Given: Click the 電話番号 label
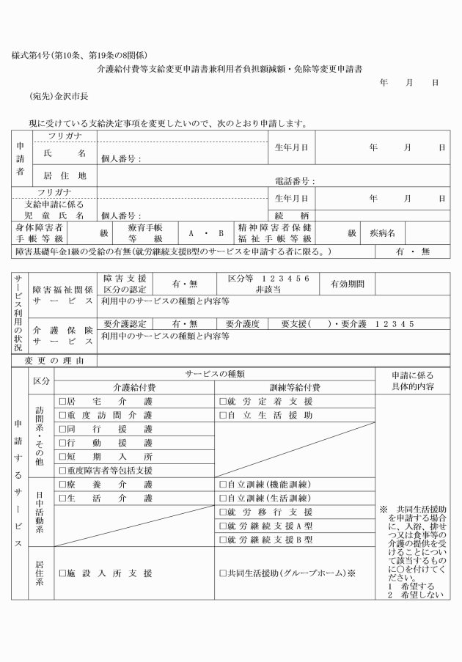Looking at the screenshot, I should coord(295,180).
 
